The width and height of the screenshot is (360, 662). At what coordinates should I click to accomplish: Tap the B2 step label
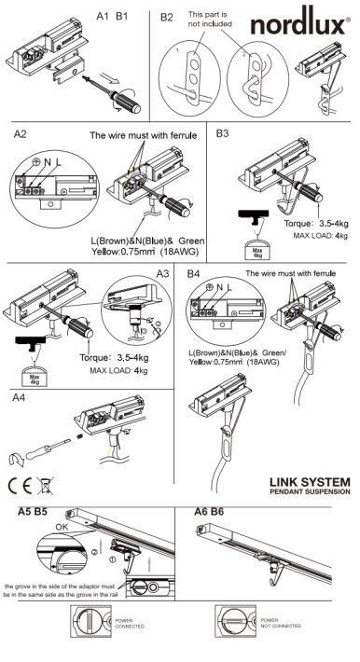point(167,18)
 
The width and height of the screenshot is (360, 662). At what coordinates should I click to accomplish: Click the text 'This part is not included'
point(210,20)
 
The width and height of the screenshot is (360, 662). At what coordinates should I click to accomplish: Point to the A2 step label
point(21,134)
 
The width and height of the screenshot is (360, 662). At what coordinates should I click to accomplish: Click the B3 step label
point(222,133)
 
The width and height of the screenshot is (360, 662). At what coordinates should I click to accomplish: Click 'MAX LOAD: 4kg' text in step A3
point(118,371)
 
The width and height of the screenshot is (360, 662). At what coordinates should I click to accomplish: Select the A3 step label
point(162,273)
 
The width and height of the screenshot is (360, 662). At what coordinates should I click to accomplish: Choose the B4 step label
point(193,274)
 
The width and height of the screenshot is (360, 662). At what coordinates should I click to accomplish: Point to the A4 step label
point(19,398)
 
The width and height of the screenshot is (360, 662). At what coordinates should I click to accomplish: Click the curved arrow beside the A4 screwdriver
point(16,460)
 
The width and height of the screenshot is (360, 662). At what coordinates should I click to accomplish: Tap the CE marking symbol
point(20,487)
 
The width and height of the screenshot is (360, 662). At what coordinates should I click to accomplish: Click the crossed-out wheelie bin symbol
point(45,486)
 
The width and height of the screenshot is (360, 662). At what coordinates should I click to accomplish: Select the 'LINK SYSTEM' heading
point(310,482)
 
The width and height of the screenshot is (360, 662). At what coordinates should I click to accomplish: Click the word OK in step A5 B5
point(62,527)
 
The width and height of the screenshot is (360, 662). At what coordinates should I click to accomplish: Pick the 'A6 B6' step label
point(209,512)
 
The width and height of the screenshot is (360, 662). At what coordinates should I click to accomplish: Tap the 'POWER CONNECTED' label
point(130,623)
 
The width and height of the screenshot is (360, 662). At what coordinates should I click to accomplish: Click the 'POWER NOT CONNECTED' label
point(281,623)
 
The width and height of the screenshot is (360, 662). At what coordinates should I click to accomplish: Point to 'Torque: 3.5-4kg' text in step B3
point(316,224)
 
